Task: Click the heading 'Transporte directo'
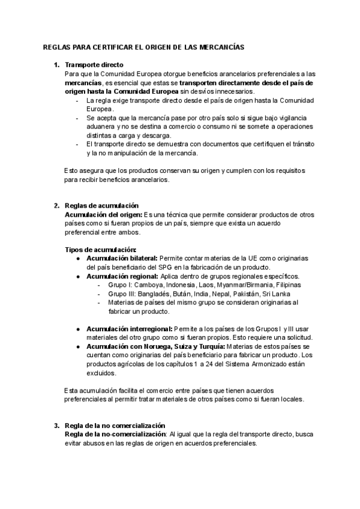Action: tap(94, 65)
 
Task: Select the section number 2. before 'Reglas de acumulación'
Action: tap(56, 205)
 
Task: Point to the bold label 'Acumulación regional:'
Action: tap(122, 276)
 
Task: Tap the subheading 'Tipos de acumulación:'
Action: tap(100, 249)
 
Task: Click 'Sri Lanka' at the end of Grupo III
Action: tap(277, 294)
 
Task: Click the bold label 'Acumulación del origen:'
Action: tap(103, 214)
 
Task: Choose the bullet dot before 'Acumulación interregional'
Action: tap(79, 329)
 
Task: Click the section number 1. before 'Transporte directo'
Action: tap(56, 65)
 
